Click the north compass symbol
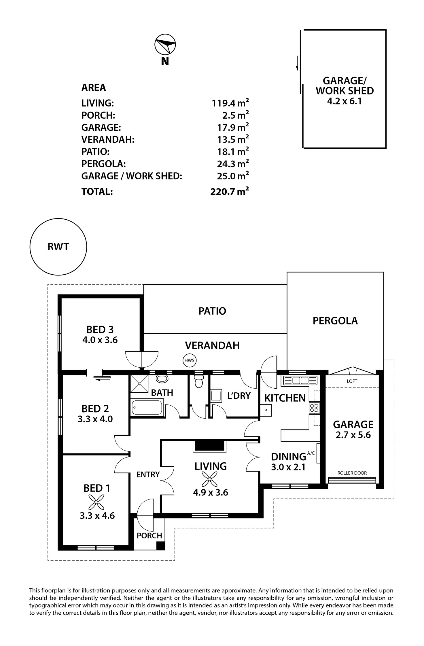click(165, 45)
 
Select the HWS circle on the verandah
click(189, 360)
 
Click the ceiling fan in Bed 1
click(96, 502)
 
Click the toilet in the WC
click(198, 381)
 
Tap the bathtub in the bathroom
click(147, 407)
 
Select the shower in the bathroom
click(139, 384)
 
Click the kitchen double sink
click(300, 381)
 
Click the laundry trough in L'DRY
click(216, 396)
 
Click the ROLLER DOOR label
click(352, 473)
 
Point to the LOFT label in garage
click(352, 381)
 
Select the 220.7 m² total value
click(230, 191)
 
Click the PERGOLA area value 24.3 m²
click(233, 164)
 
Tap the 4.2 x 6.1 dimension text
click(344, 101)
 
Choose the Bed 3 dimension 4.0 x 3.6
click(100, 340)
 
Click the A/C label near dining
click(311, 453)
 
